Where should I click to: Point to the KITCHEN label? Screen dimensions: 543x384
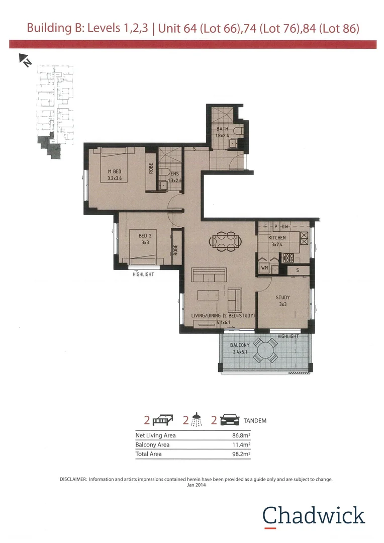pos(277,238)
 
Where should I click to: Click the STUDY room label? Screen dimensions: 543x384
pos(282,297)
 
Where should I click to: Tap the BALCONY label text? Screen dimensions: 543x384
pos(240,345)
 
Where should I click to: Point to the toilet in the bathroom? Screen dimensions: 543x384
pos(239,131)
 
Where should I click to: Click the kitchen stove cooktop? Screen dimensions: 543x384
pos(290,258)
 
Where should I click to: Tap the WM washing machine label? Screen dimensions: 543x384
pos(264,268)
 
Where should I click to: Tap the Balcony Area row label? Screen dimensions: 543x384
pos(152,445)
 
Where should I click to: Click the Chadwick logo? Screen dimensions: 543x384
pos(313,515)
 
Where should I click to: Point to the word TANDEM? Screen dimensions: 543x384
pos(254,420)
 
